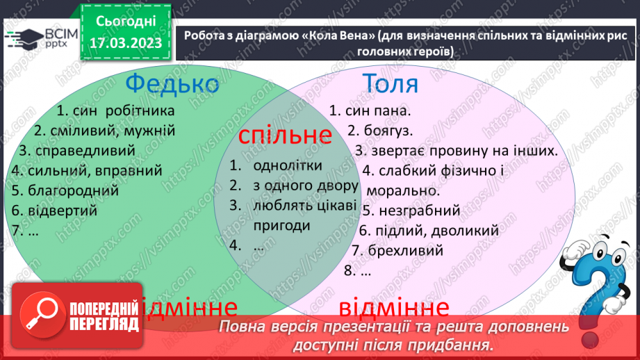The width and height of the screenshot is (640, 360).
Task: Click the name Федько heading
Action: (172, 85)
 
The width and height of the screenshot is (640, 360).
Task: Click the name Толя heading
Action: (391, 83)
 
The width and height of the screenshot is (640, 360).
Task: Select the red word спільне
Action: (284, 135)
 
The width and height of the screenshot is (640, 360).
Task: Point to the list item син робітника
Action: (115, 111)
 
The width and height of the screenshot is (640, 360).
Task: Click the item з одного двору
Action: (306, 186)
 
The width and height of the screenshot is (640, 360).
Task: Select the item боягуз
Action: (380, 131)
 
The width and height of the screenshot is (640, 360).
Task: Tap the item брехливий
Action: (397, 250)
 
